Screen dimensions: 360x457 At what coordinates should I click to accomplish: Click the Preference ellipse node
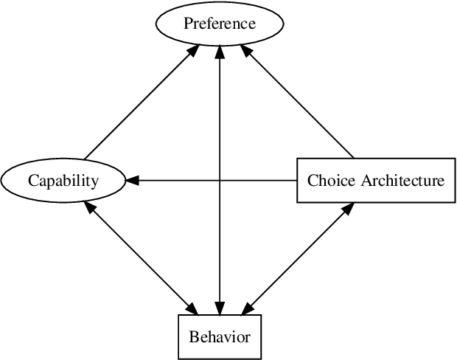(x=220, y=24)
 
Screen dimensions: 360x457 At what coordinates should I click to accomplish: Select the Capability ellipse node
(x=63, y=180)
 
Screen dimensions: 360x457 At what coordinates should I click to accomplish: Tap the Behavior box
(x=220, y=337)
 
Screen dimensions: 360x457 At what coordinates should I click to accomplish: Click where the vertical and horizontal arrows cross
(x=220, y=180)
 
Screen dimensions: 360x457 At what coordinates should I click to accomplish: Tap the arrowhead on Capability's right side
(x=133, y=180)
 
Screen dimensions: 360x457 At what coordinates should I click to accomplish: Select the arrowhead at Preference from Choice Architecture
(x=246, y=49)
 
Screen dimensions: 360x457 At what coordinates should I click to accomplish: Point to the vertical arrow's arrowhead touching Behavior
(x=220, y=308)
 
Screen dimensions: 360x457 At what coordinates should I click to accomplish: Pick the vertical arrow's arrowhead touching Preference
(x=220, y=53)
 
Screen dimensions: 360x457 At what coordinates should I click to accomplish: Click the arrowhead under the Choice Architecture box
(x=347, y=209)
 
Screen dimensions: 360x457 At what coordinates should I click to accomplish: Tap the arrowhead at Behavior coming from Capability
(x=193, y=309)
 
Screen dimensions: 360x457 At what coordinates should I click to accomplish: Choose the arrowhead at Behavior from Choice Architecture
(x=246, y=309)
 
